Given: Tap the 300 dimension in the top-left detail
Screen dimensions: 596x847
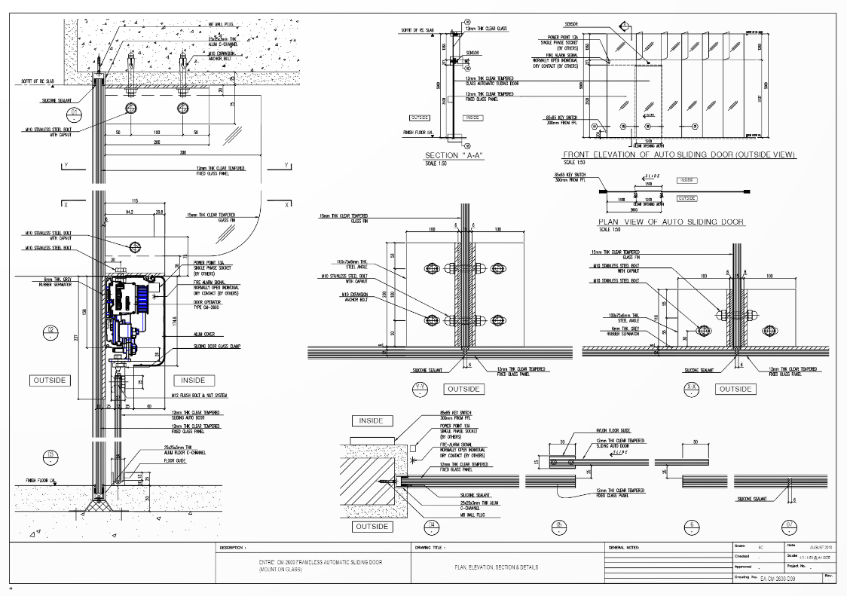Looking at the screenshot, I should [x=182, y=152].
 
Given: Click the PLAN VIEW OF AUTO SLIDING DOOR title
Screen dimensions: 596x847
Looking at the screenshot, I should [x=671, y=222].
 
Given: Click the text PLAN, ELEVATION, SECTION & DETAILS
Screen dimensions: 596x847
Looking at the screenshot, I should [x=497, y=567].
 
